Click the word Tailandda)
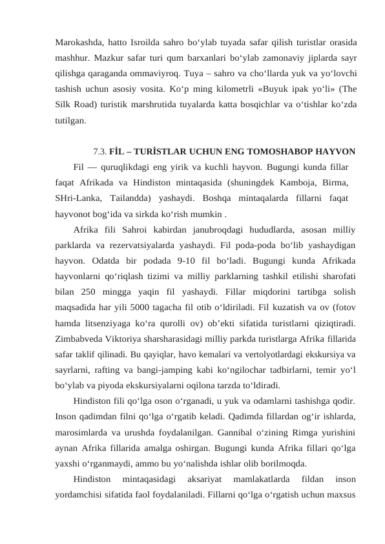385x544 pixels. [x=135, y=199]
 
